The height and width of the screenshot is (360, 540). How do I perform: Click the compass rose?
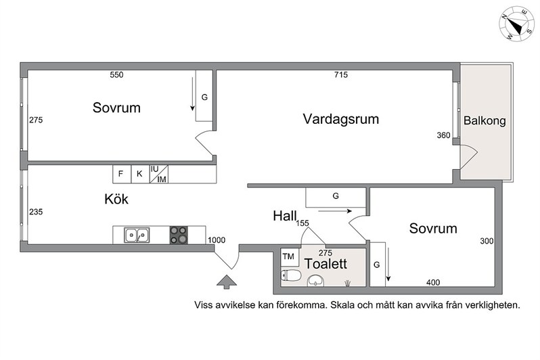[516, 24]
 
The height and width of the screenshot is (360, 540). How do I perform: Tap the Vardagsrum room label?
[341, 119]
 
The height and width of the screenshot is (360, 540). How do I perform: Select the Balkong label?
[485, 121]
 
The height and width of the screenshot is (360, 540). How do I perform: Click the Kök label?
[116, 199]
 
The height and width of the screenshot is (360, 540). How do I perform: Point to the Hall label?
[285, 216]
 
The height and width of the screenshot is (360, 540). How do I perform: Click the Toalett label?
[325, 264]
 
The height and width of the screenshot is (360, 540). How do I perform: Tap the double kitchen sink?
[137, 235]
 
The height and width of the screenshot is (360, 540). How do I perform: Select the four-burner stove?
[179, 235]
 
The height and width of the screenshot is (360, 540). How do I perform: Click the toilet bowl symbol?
[291, 275]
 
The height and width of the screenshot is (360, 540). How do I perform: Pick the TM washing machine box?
[290, 257]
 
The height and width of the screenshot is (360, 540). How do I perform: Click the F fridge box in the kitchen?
[122, 174]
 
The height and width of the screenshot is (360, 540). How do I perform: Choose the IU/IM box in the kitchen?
[159, 174]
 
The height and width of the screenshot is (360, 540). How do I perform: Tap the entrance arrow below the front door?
[227, 282]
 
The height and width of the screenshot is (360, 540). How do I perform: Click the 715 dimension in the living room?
[341, 74]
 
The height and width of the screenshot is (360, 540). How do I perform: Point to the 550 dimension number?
[116, 74]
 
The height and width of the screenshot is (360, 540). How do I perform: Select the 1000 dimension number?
[217, 240]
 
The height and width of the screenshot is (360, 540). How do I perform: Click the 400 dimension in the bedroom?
[433, 282]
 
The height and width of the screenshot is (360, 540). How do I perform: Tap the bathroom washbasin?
[316, 281]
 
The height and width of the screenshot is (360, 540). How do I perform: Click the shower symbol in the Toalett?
[348, 284]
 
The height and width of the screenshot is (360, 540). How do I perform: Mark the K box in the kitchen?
[140, 174]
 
